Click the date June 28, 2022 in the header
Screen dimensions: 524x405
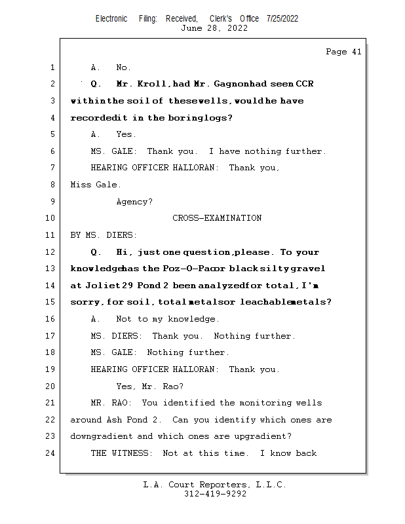coord(214,28)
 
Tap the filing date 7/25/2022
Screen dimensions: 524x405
coord(282,18)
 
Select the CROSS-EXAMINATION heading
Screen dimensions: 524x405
coord(217,218)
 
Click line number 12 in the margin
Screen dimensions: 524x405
coord(50,252)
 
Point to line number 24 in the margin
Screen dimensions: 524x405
coord(50,453)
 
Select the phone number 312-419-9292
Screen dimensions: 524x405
coord(214,495)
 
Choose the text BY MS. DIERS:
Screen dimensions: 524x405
coord(104,235)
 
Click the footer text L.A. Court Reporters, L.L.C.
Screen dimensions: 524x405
coord(214,485)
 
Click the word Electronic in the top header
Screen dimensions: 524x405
coord(111,18)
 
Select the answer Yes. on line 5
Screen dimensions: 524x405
coord(126,134)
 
